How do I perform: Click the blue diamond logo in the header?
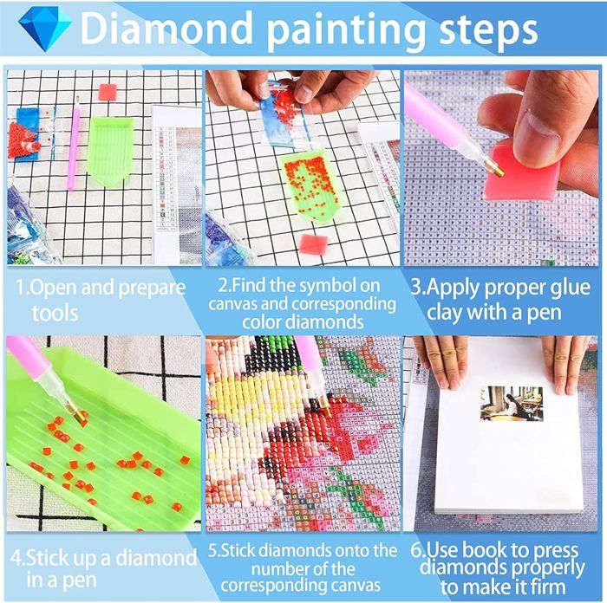point(44,28)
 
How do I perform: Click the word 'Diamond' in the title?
point(166,29)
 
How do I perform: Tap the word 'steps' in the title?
point(488,31)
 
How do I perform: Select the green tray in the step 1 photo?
point(111,151)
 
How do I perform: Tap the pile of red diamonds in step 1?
point(23,141)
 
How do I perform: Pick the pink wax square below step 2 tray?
point(314,244)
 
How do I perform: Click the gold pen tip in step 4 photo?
point(77,412)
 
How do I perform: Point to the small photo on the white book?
point(512,404)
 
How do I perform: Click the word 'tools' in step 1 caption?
point(55,314)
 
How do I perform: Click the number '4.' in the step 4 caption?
point(17,559)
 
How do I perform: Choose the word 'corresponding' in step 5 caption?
point(300,586)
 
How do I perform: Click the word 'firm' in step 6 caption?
point(548,587)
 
